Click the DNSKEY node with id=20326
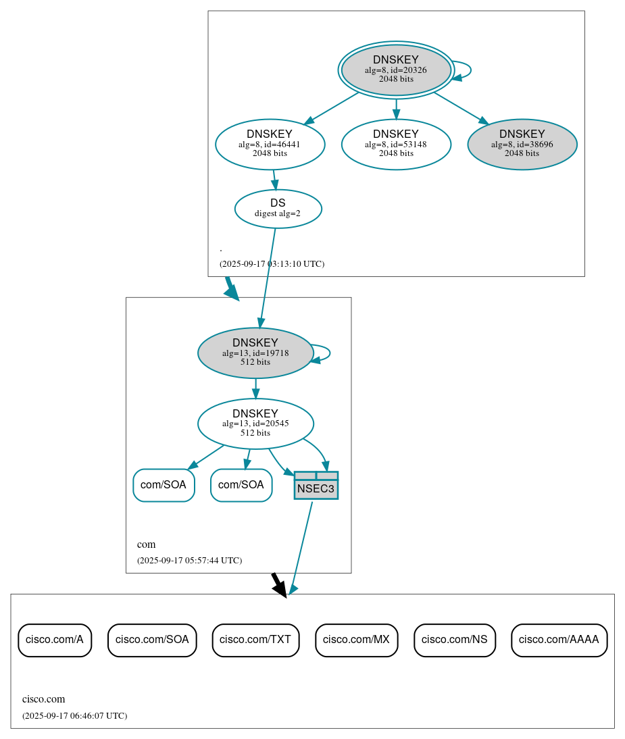(x=396, y=70)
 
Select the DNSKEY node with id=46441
(x=270, y=144)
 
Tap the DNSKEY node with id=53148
(x=396, y=144)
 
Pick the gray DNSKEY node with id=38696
(x=522, y=144)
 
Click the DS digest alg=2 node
(x=278, y=209)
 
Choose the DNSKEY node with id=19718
(x=255, y=353)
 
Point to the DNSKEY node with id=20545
(x=255, y=424)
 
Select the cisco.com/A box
(x=54, y=640)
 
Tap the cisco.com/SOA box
(x=152, y=640)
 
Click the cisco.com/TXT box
(x=255, y=640)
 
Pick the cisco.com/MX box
(x=356, y=640)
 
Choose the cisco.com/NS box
(x=455, y=640)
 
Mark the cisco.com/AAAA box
(x=559, y=640)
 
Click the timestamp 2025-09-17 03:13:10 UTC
(x=272, y=264)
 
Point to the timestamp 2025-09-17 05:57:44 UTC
(x=189, y=561)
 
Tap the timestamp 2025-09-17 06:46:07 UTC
(x=74, y=716)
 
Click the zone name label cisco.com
(x=44, y=699)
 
